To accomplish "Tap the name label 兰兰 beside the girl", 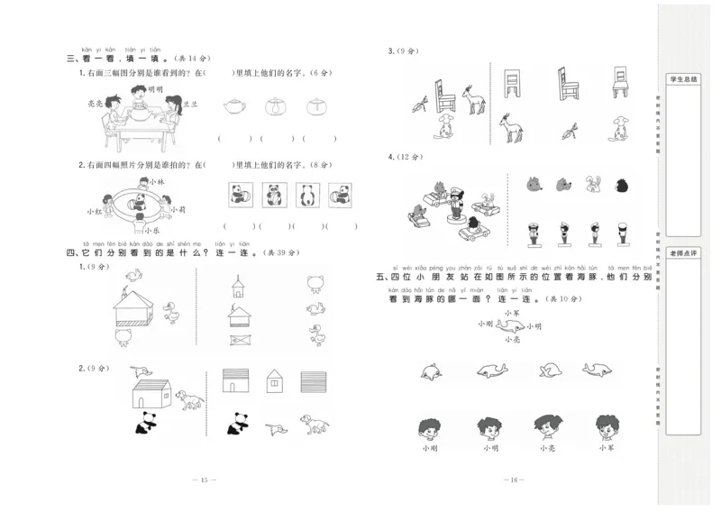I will [190, 104].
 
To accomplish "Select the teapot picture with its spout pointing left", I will [235, 107].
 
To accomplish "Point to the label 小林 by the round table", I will [157, 181].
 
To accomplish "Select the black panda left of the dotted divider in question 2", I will [144, 422].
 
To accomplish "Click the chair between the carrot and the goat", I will [440, 89].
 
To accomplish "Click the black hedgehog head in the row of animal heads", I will [621, 186].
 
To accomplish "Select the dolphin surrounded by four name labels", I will [512, 324].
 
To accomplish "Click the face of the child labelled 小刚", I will [430, 426].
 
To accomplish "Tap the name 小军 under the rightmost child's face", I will [606, 447].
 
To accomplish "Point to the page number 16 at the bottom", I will [515, 480].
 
